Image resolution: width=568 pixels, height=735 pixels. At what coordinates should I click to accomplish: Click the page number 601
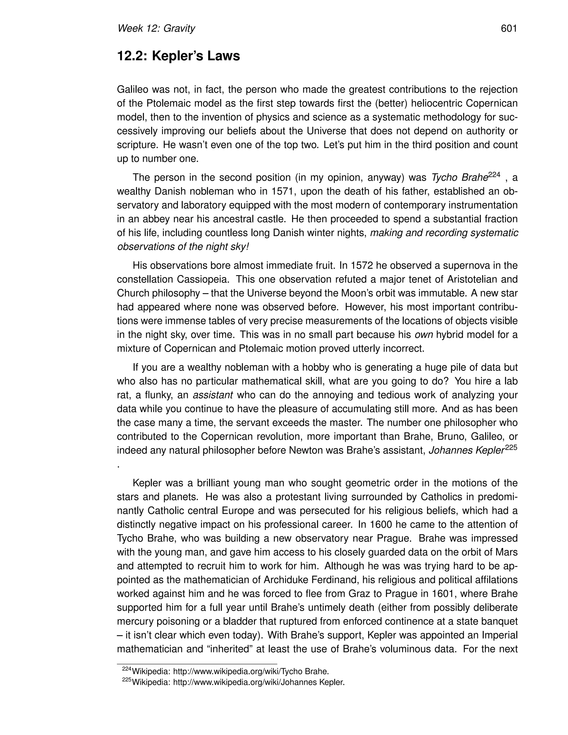click(x=508, y=29)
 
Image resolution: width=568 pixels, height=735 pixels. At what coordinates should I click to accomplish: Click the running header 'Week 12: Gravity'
click(x=156, y=29)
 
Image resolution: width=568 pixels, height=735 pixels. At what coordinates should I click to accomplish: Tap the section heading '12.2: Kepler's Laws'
click(x=178, y=56)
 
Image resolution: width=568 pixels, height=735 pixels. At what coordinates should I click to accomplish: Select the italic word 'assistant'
click(x=213, y=395)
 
